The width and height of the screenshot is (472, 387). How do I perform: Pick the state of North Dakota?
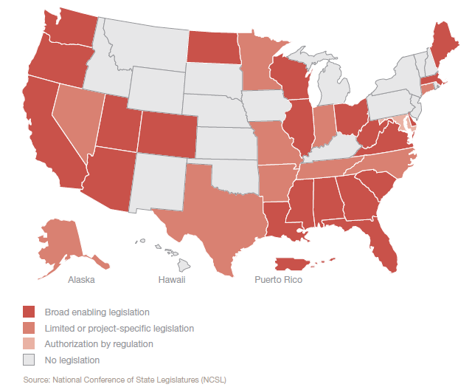[213, 47]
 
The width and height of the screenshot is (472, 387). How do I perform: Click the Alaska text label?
[81, 281]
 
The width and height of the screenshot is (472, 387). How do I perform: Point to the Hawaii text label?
[171, 281]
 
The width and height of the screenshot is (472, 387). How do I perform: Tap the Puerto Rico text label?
[278, 281]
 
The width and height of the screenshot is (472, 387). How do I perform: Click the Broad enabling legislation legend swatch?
[29, 312]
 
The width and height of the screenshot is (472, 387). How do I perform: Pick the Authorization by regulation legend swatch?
[29, 344]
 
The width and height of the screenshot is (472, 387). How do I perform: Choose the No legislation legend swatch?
[29, 360]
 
